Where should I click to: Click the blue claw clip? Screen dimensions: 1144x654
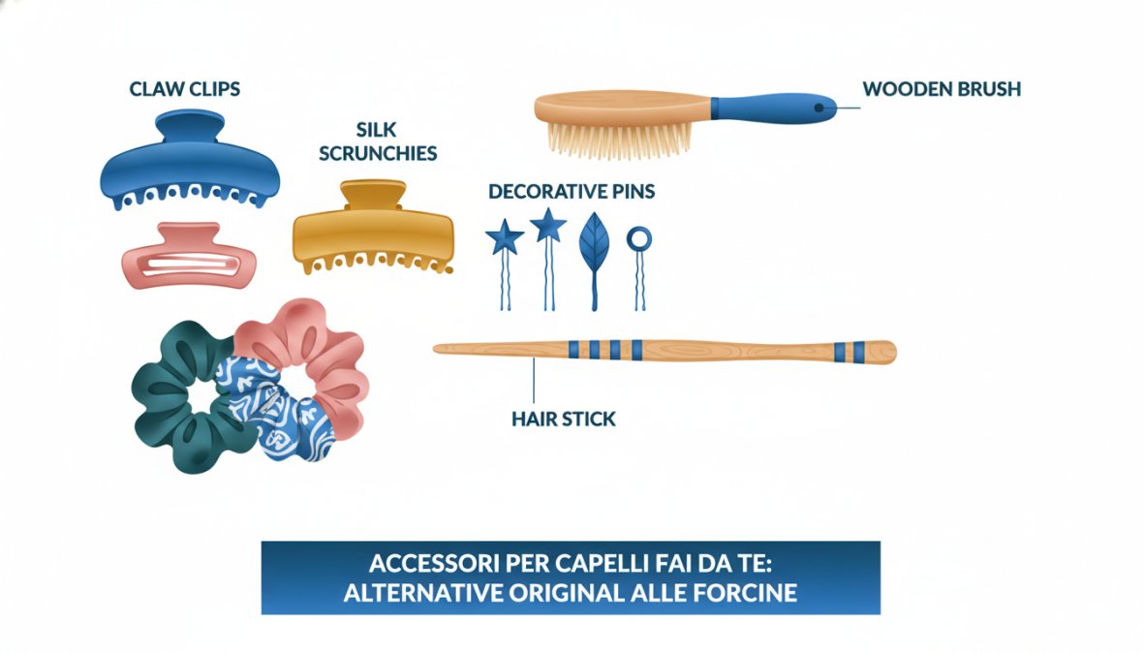190,165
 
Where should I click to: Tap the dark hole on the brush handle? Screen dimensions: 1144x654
819,108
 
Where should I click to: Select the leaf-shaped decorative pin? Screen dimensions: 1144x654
594,248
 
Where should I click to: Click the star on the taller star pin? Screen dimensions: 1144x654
548,225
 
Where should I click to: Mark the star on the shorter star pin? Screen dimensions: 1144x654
505,237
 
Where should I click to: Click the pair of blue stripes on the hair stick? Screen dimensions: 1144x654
850,353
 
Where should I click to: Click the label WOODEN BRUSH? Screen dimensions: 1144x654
942,89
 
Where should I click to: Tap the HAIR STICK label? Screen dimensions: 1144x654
563,419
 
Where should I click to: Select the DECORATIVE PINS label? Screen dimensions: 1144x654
572,191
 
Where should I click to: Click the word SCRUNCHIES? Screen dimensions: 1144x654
378,153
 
